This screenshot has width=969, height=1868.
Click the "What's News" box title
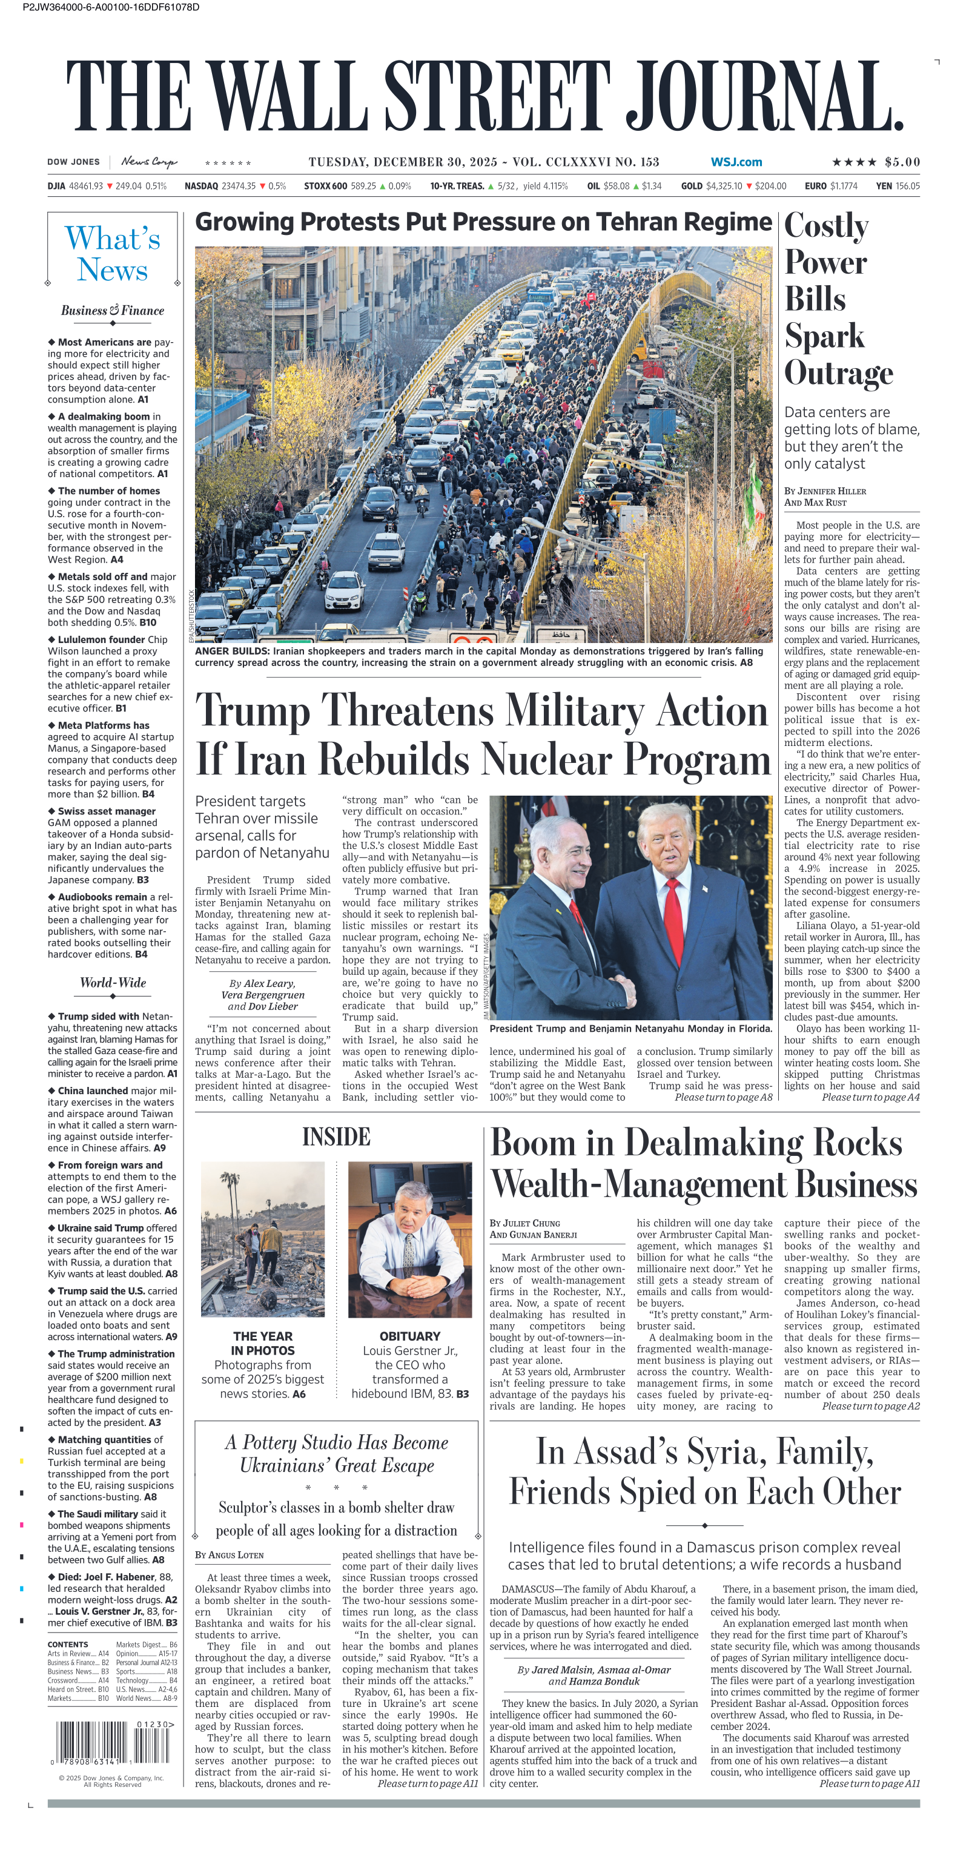click(x=113, y=254)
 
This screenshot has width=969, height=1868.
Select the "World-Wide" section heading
click(x=113, y=983)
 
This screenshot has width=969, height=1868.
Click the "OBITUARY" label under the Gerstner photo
click(x=410, y=1336)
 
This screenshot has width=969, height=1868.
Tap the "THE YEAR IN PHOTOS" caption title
click(x=263, y=1343)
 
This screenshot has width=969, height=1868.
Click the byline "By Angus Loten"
click(x=229, y=1555)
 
